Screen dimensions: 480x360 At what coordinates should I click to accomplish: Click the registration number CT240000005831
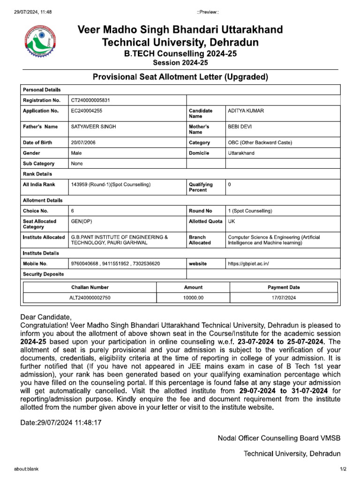[x=90, y=100]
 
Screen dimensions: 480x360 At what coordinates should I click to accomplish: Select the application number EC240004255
[x=88, y=111]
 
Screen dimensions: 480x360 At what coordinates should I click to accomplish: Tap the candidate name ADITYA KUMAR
[x=246, y=111]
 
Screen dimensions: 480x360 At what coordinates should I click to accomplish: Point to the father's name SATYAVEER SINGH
[x=93, y=127]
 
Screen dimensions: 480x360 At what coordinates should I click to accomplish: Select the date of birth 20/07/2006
[x=83, y=142]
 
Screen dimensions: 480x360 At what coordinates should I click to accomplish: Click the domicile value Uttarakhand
[x=241, y=153]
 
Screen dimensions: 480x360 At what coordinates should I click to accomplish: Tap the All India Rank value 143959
[x=111, y=185]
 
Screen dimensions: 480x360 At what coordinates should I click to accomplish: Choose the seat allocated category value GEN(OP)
[x=82, y=221]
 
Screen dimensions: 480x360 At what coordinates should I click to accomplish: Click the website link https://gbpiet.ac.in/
[x=248, y=264]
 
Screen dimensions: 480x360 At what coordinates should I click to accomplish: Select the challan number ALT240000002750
[x=90, y=298]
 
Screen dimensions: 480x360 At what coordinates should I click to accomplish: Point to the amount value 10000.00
[x=193, y=298]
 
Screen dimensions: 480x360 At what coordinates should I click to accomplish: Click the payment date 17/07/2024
[x=284, y=298]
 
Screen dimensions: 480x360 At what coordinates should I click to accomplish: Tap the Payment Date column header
[x=284, y=287]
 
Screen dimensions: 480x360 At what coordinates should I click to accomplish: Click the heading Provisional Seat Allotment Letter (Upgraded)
[x=180, y=77]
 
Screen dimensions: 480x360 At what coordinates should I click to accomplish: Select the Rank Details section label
[x=37, y=174]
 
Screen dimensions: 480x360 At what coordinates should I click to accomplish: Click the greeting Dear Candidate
[x=46, y=317]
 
